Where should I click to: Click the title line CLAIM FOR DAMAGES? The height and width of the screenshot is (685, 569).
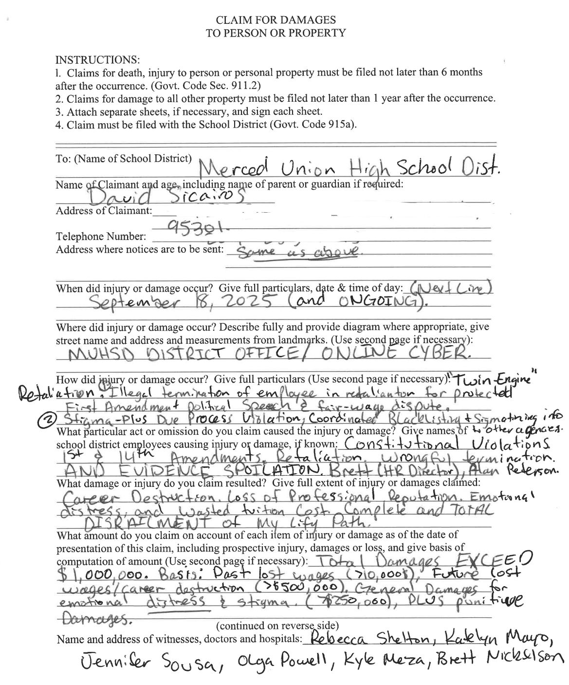click(x=275, y=20)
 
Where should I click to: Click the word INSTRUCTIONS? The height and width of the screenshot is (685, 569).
click(x=97, y=59)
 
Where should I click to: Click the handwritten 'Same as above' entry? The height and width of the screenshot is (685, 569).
click(x=298, y=251)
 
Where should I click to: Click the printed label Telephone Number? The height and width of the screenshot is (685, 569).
click(x=101, y=237)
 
